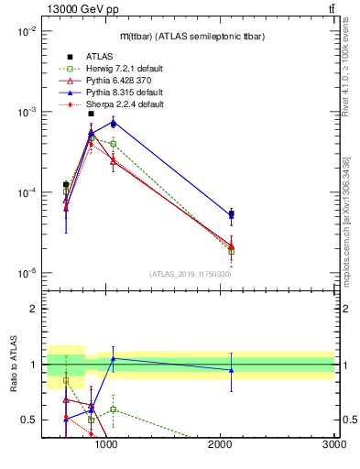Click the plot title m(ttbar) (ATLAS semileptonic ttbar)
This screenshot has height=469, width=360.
pyautogui.click(x=188, y=35)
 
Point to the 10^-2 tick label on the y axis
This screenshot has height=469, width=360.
pyautogui.click(x=25, y=31)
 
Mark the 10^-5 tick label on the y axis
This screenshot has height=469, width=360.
pyautogui.click(x=25, y=273)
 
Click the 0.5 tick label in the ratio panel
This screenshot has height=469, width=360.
pyautogui.click(x=28, y=420)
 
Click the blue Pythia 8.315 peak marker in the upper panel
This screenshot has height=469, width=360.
pyautogui.click(x=113, y=121)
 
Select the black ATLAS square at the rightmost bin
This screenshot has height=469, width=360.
pyautogui.click(x=231, y=213)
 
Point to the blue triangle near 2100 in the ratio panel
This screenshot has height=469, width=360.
pyautogui.click(x=231, y=370)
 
